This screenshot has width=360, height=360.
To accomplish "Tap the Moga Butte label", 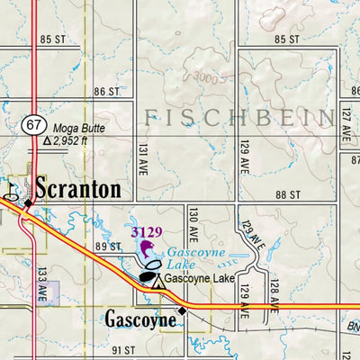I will coord(79,129).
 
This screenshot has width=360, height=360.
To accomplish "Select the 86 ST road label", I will coord(106,92).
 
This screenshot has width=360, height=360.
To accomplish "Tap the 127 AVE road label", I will coord(345,121).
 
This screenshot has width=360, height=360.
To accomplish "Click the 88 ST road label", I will coord(288,195).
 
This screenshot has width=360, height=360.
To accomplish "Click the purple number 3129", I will coord(146,232).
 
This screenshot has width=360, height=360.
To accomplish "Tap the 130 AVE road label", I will coord(193,221).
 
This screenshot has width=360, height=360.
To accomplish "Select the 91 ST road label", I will coord(121,349).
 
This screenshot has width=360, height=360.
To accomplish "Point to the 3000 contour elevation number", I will coord(206,79).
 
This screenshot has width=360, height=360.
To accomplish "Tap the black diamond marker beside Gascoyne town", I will coord(182,311).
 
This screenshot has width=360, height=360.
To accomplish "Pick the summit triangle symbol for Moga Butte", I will coord(46,142).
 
